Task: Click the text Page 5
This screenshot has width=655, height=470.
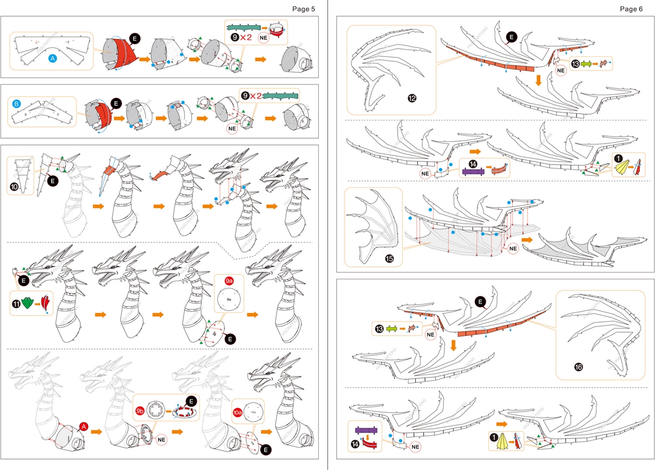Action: [304, 9]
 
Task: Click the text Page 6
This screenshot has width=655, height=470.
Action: [631, 9]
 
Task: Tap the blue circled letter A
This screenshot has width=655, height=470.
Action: [52, 59]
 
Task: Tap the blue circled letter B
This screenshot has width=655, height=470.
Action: [16, 104]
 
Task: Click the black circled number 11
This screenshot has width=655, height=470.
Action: [16, 304]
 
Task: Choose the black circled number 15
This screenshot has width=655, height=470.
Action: [389, 258]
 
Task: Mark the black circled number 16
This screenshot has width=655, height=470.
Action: [579, 367]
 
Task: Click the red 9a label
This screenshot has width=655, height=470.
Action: [229, 280]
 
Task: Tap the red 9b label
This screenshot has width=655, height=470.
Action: [140, 411]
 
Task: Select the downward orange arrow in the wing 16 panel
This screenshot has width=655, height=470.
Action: [453, 346]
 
